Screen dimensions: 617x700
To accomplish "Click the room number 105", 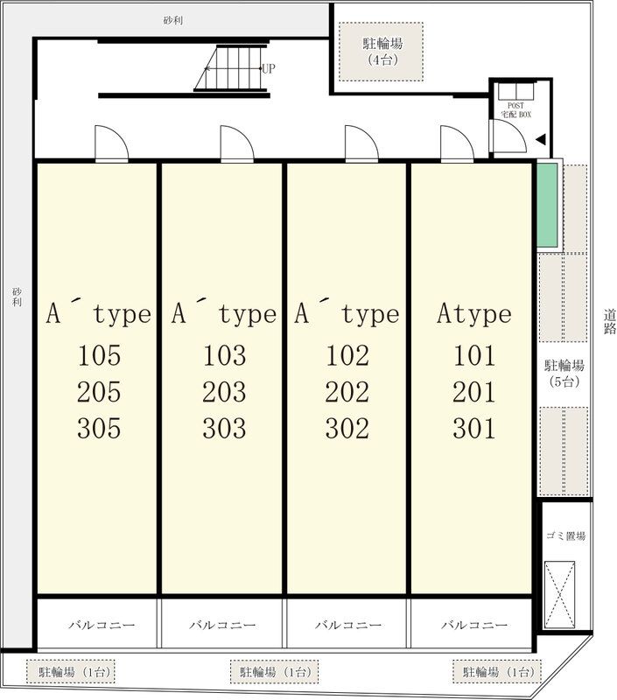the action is pos(99,356).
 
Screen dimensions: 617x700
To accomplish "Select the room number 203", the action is pos(224,392).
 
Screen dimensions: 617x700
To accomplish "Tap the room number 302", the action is pos(347,429).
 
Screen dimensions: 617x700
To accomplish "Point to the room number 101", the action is pos(474,356).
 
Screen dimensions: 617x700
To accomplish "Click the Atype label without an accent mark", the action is pos(474,314).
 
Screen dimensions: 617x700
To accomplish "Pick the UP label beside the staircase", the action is pos(269,68).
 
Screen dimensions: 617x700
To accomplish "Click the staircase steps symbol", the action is pos(231,68).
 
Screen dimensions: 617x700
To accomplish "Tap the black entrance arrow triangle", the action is pos(541,140).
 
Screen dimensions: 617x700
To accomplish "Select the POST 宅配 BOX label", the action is pos(515,110).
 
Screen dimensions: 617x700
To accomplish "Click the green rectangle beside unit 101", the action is pos(547,205).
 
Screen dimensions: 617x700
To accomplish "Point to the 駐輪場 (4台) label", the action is pos(382,52).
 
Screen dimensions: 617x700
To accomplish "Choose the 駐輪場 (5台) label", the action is pos(564,374).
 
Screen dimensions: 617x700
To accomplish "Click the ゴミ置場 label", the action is pos(565,535).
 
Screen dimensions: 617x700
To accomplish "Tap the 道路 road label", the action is pos(610,322).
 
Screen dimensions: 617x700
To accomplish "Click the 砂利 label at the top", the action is pos(172,20).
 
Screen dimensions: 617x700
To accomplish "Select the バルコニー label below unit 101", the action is pos(474,625).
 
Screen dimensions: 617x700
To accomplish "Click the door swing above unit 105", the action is pos(112,143).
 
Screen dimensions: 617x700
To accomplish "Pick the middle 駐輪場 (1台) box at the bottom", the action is pos(274,672).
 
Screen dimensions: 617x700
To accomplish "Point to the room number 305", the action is pos(99,429).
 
